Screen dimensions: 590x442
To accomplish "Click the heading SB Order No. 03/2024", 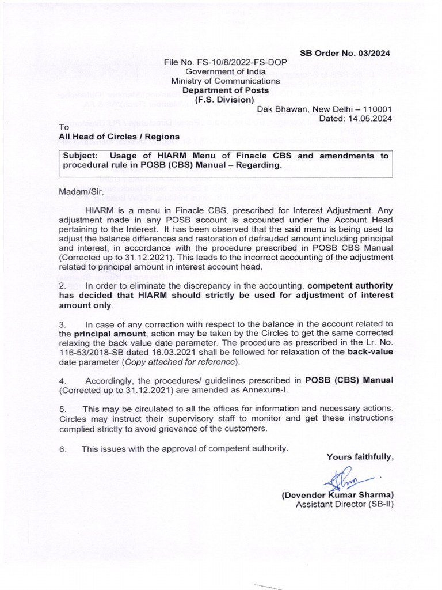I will (345, 53).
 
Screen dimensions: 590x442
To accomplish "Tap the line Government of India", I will (224, 71).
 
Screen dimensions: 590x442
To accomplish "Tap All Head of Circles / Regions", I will (119, 137).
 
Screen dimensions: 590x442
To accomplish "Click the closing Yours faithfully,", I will (360, 457).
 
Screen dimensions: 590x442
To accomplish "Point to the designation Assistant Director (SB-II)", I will (344, 504).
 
